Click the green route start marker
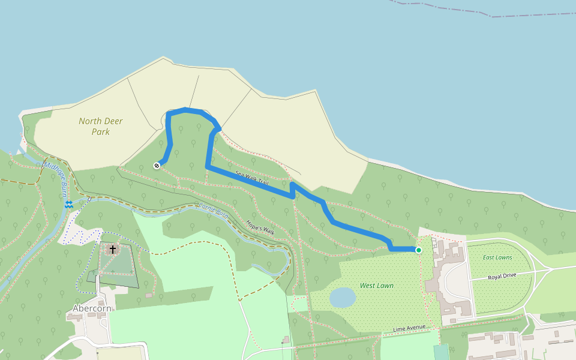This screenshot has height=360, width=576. pos(418,250)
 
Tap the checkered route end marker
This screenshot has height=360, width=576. pos(157,166)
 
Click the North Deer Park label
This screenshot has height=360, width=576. pos(101,126)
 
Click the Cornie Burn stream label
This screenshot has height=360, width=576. pos(213,212)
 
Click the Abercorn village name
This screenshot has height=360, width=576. pos(92,309)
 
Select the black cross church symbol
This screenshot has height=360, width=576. pos(112,248)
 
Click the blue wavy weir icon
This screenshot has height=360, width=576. pos(69,205)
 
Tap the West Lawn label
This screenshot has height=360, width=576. pos(377,286)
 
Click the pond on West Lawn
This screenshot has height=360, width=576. pos(343,297)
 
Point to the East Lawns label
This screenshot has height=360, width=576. pos(497,257)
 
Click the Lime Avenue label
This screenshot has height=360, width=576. pos(409,328)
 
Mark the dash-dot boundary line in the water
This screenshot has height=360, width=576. pos(480,11)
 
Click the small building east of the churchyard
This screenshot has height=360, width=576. pos(148,295)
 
